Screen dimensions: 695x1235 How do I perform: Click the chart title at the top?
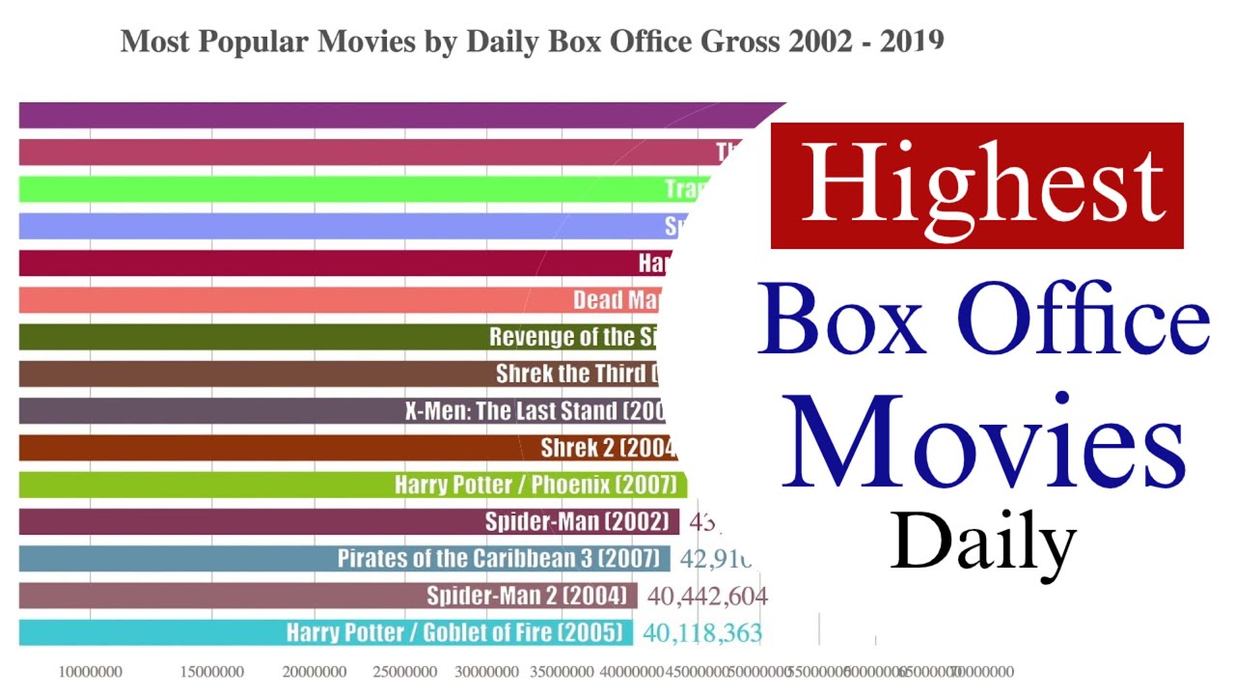pyautogui.click(x=532, y=42)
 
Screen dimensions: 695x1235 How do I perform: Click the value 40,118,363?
pyautogui.click(x=702, y=633)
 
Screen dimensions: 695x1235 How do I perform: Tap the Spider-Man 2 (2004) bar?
pyautogui.click(x=328, y=596)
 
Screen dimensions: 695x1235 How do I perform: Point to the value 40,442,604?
pyautogui.click(x=707, y=596)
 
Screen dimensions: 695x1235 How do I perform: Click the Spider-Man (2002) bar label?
pyautogui.click(x=576, y=522)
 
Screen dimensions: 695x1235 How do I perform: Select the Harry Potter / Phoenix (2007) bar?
pyautogui.click(x=352, y=485)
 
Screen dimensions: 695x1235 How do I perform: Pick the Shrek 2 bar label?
pyautogui.click(x=608, y=448)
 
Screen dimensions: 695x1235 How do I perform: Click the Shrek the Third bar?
pyautogui.click(x=338, y=374)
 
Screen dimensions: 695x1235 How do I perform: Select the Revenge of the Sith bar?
pyautogui.click(x=338, y=337)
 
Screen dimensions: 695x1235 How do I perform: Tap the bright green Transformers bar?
pyautogui.click(x=367, y=189)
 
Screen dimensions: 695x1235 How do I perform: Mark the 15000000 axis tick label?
pyautogui.click(x=213, y=672)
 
